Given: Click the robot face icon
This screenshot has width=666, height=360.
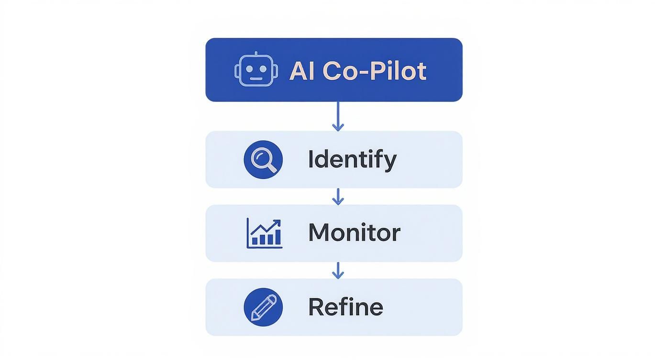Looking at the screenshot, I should click(256, 70).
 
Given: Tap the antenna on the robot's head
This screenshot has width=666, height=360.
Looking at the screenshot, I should click(256, 55).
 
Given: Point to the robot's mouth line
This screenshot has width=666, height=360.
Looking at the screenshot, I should click(256, 79).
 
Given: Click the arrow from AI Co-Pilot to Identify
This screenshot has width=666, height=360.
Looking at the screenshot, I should click(338, 116).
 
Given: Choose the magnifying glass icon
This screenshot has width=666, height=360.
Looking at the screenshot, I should click(263, 159).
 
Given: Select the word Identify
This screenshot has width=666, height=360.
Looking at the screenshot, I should click(352, 159).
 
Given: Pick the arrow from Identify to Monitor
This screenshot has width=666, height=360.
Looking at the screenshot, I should click(338, 196).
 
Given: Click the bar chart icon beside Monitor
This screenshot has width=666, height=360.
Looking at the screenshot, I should click(264, 233).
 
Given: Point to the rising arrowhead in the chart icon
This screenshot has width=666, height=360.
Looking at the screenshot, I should click(277, 222).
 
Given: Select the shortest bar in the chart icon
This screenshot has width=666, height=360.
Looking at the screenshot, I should click(255, 241).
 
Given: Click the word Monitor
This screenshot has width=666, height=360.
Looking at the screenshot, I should click(354, 233).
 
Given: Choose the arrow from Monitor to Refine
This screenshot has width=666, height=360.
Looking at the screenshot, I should click(338, 270).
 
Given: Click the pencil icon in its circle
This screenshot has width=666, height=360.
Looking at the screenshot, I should click(263, 307).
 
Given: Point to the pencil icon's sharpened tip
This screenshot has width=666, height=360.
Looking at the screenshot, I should click(254, 317).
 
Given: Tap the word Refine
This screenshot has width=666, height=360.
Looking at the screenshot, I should click(345, 307).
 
